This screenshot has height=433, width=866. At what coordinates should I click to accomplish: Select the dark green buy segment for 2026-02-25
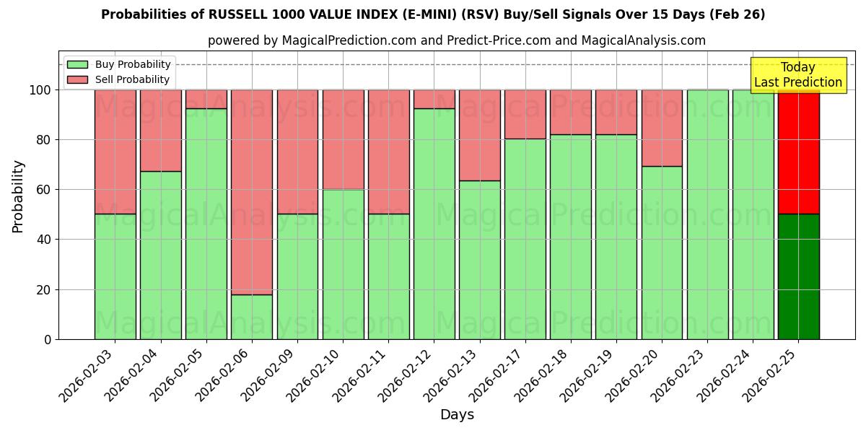pos(798,276)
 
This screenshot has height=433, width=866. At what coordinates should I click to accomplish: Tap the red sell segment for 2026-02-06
pos(252,191)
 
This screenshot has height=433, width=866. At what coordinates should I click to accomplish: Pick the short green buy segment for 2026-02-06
pos(252,317)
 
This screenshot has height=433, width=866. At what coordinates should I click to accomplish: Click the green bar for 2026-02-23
pos(707,214)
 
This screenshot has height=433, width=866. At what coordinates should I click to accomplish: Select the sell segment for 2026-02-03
pos(115,152)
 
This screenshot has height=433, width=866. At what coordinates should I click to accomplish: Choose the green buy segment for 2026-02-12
pos(434,224)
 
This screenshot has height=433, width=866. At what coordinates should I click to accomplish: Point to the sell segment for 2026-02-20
pos(662,128)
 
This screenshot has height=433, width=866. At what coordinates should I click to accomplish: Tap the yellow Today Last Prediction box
pos(797,75)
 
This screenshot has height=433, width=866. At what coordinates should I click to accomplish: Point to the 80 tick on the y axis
pos(45,139)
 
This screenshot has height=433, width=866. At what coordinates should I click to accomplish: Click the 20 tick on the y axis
pos(45,289)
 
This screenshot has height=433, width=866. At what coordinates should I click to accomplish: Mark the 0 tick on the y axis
pos(48,339)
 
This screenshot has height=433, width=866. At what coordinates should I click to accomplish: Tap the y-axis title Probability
pos(18,196)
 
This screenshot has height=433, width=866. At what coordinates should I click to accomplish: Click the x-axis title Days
pos(457,415)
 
